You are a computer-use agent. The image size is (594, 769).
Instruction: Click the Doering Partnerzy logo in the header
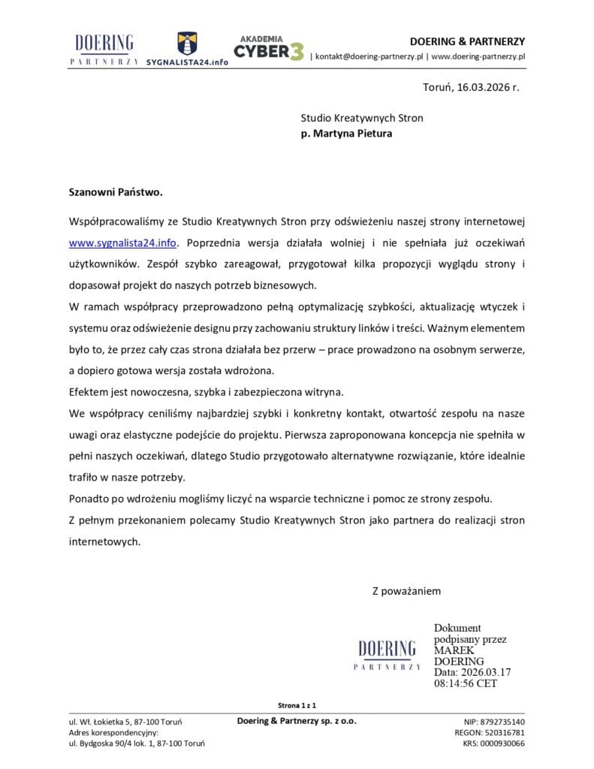click(x=104, y=49)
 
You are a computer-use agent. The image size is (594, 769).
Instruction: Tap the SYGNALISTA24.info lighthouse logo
click(x=187, y=49)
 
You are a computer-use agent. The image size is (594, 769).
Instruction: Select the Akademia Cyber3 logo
click(x=269, y=47)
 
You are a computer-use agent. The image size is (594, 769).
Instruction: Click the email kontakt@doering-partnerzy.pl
click(x=370, y=56)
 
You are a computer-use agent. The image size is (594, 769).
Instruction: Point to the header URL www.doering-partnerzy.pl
click(x=478, y=56)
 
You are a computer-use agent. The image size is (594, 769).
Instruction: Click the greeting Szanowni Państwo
click(x=116, y=191)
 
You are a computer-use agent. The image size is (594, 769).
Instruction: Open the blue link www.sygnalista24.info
click(x=123, y=243)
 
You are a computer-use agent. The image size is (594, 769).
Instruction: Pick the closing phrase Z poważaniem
click(x=406, y=591)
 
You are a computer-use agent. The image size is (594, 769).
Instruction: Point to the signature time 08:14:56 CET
click(x=465, y=684)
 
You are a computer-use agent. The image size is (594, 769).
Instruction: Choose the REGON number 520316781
click(x=503, y=732)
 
